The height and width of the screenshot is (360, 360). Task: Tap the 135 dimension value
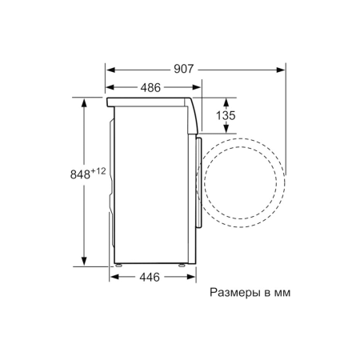point(227,116)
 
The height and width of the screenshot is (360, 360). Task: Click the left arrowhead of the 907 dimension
point(110,70)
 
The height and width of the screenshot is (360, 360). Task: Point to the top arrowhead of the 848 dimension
point(84,100)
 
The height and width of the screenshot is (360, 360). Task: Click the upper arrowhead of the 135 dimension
point(226,100)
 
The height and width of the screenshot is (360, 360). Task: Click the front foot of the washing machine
point(182,264)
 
